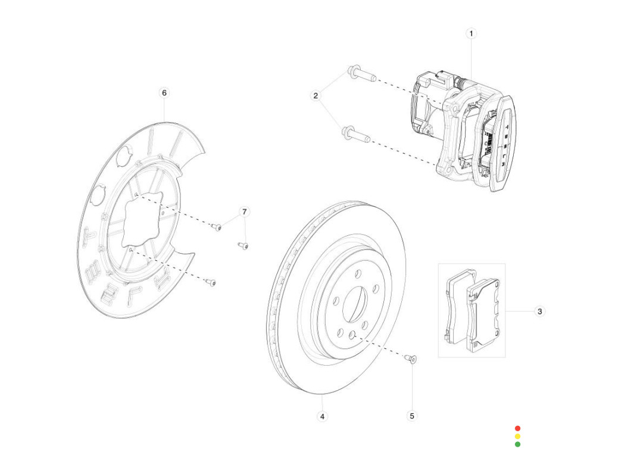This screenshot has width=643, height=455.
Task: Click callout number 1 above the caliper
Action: (x=471, y=33)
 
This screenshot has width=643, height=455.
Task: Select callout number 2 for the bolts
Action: (x=316, y=95)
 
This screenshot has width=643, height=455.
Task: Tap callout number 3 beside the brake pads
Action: (x=539, y=311)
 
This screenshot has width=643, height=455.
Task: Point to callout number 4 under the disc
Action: (x=322, y=416)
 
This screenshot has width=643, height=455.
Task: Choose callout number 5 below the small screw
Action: (x=412, y=416)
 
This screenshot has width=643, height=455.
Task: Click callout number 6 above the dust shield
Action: (x=164, y=93)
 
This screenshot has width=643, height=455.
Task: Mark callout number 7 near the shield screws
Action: (x=244, y=211)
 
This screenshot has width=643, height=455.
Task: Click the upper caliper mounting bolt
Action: (x=360, y=75)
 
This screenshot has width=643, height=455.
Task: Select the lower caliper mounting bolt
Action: (x=356, y=135)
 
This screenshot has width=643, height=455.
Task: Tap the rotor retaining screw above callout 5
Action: (x=410, y=359)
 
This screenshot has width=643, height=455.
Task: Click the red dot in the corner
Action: (x=517, y=428)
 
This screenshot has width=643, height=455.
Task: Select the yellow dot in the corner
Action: (x=517, y=436)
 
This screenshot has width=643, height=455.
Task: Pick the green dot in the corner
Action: (x=517, y=444)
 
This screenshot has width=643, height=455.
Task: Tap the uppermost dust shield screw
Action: (x=217, y=227)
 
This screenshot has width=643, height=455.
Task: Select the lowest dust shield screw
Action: (x=210, y=282)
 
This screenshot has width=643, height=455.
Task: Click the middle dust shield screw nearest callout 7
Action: (x=243, y=245)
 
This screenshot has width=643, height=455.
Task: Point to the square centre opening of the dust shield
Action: (x=142, y=220)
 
